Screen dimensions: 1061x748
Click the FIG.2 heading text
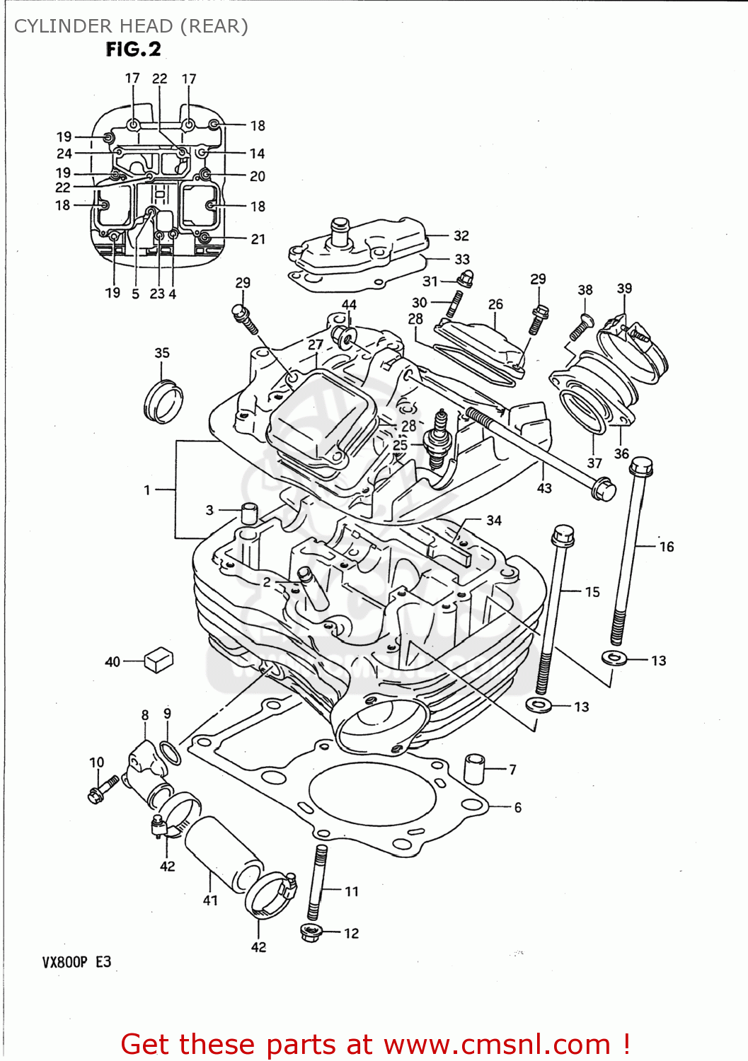(134, 50)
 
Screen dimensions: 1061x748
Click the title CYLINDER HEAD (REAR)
(132, 26)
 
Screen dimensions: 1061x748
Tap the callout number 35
(162, 353)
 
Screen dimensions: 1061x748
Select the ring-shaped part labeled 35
(163, 402)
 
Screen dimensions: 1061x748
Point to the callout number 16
(667, 547)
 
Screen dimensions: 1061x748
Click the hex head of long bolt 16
(640, 466)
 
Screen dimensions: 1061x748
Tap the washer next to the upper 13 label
(614, 658)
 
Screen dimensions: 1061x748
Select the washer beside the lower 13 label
(540, 705)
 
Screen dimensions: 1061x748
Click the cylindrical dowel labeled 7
(474, 768)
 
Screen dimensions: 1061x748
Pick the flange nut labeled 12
(311, 932)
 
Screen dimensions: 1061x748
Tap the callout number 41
(210, 900)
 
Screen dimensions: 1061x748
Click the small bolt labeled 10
(103, 789)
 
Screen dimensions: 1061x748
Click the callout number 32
(461, 236)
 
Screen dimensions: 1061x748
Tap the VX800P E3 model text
(76, 962)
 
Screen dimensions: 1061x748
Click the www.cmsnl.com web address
(497, 1044)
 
